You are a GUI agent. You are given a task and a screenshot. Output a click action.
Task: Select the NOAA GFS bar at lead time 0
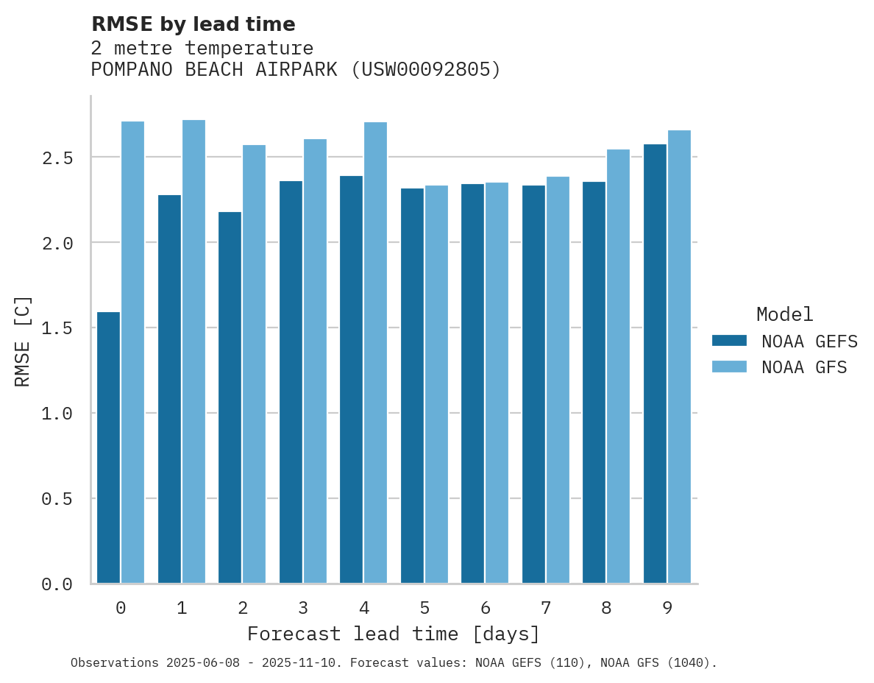[132, 353]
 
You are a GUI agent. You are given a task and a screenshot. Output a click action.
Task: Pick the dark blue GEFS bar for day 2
[230, 397]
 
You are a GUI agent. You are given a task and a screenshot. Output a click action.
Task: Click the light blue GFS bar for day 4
[375, 353]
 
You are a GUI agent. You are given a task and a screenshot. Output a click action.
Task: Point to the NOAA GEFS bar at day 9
[655, 364]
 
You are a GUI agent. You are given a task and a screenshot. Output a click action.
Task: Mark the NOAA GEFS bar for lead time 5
[412, 386]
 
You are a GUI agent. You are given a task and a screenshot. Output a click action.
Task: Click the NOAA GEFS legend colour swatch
[729, 341]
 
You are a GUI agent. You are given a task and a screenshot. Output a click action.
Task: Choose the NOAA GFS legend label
[804, 367]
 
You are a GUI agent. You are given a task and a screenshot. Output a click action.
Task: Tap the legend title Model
[784, 314]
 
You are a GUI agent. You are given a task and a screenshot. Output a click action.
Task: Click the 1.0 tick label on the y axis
[57, 414]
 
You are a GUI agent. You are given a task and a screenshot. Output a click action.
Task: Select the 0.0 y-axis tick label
[57, 584]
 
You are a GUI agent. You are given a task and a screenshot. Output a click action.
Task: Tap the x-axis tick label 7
[545, 608]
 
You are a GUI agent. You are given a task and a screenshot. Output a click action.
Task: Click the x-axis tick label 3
[302, 608]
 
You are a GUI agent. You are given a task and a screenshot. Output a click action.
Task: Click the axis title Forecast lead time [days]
[394, 634]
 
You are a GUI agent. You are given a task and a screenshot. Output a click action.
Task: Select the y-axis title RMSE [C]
[23, 341]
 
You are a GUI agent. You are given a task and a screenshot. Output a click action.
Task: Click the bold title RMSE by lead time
[193, 24]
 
